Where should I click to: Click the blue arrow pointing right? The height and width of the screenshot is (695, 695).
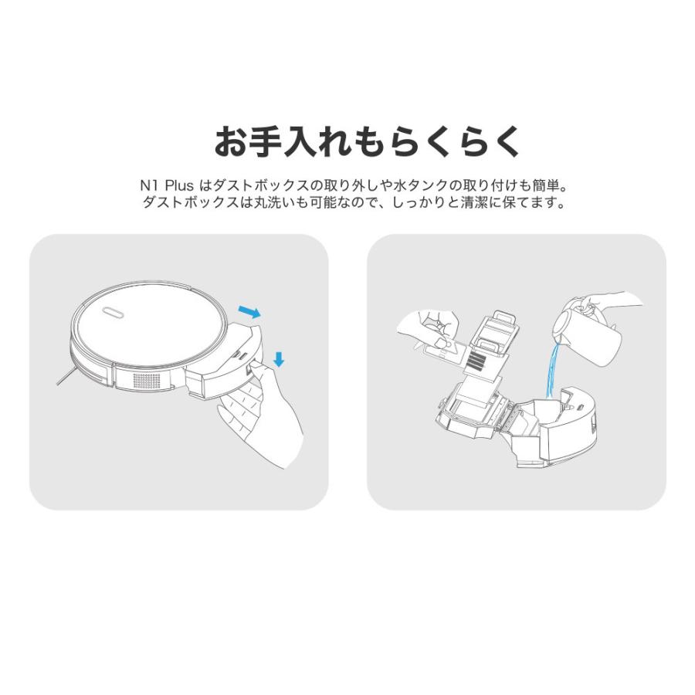tap(249, 312)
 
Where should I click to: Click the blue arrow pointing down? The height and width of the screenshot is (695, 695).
tap(279, 359)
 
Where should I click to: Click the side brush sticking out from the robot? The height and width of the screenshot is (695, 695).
tap(66, 376)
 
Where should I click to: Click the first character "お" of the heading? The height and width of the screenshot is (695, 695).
tap(231, 142)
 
